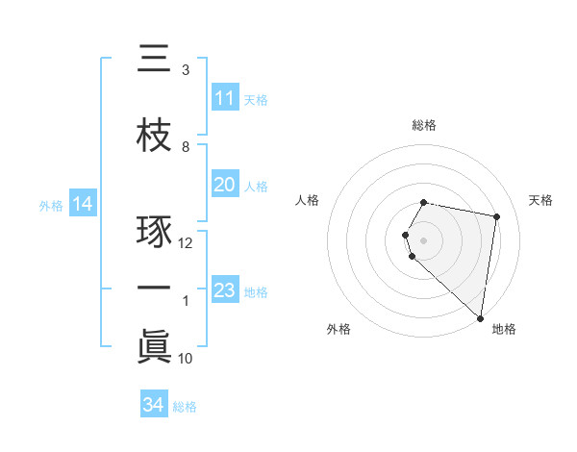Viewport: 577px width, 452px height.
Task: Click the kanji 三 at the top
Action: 154,62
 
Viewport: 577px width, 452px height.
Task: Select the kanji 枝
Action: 154,138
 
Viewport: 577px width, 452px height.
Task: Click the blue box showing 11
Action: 224,98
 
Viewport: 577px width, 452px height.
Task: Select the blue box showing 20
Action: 224,185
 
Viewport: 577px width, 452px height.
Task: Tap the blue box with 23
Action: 224,290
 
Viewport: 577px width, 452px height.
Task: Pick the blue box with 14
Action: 83,204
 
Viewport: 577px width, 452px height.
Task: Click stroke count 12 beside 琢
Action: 186,243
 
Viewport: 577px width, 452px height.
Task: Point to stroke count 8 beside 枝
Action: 186,147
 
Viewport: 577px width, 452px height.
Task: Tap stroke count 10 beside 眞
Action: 186,359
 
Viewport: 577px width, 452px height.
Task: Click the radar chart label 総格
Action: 424,125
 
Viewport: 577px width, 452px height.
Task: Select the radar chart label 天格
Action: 541,200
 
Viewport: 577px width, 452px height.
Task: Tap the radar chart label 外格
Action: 339,329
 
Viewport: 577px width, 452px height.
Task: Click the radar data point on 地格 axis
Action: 480,317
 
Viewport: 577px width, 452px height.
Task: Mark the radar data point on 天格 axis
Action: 497,216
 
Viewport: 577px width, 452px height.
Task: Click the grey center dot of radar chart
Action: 424,239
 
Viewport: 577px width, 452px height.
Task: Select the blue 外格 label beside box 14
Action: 51,205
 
